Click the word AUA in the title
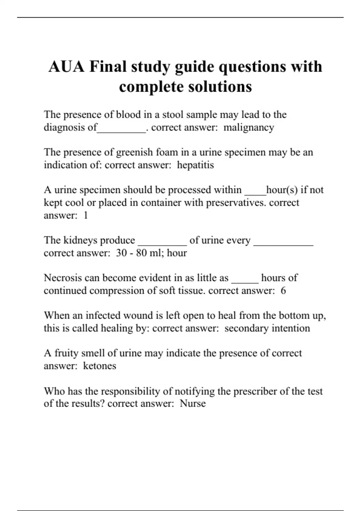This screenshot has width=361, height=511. click(66, 66)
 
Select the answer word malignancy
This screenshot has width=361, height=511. click(249, 127)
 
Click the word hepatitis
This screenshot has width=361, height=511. click(195, 165)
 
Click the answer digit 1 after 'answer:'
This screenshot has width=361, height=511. click(85, 216)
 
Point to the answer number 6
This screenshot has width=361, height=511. click(283, 291)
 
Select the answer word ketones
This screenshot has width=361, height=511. click(100, 366)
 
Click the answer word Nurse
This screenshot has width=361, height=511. click(193, 403)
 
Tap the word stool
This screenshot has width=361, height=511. click(173, 115)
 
